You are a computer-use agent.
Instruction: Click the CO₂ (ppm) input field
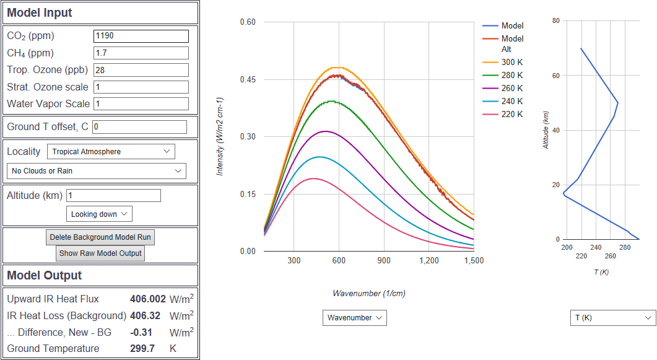click(141, 36)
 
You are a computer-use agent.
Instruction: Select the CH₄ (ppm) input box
click(141, 53)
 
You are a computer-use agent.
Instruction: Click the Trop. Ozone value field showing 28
click(141, 70)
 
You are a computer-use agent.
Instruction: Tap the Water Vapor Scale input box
click(141, 103)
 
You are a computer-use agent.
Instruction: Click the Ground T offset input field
click(139, 127)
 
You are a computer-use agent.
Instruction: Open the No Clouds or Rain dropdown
click(96, 170)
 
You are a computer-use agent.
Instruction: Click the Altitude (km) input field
click(113, 195)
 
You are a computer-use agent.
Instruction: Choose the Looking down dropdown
click(99, 214)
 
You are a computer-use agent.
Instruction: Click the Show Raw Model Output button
click(100, 253)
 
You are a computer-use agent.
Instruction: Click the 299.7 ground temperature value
click(142, 348)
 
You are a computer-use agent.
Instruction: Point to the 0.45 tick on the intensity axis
click(248, 79)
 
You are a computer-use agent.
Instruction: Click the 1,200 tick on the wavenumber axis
click(429, 261)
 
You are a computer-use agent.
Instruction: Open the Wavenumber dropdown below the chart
click(354, 318)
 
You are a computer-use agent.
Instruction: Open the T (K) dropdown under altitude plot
click(612, 318)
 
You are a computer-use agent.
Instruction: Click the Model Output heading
click(45, 275)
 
